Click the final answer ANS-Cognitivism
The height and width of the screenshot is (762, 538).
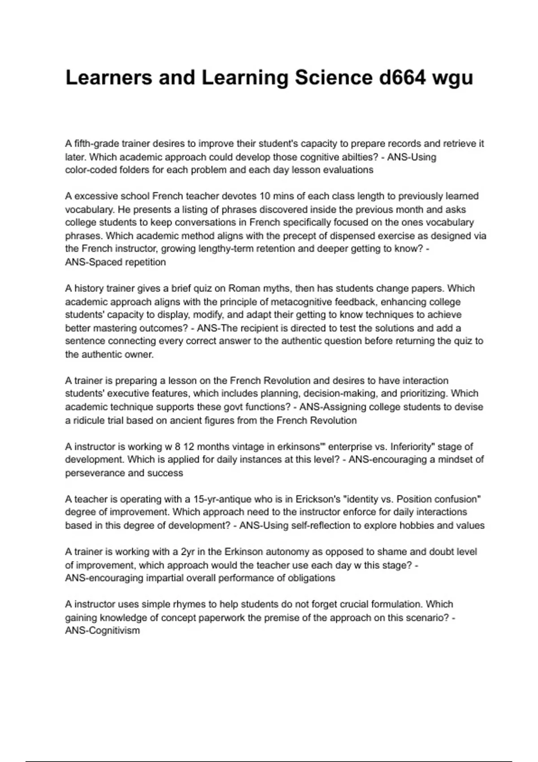(102, 631)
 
